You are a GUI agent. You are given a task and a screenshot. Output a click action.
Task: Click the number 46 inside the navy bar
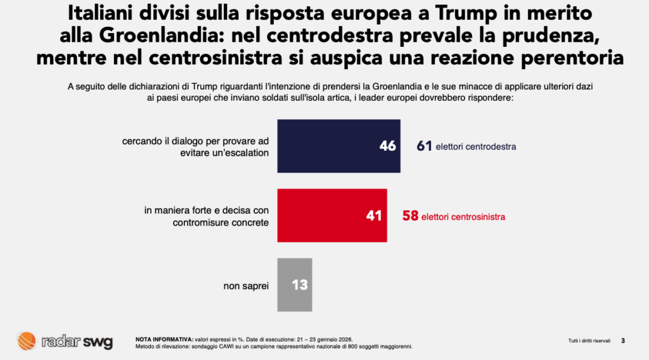point(387,146)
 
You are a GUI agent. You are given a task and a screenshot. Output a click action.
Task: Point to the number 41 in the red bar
point(374,216)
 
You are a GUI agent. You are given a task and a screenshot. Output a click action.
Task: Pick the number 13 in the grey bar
point(300,285)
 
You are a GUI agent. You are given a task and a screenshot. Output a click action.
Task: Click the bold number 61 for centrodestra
point(424,146)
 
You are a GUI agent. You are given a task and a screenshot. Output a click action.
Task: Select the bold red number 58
point(411,216)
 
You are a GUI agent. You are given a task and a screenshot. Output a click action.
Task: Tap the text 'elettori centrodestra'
point(476,147)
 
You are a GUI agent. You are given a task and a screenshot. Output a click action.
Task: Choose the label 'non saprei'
point(246,286)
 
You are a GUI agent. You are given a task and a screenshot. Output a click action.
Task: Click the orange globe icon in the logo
point(27,341)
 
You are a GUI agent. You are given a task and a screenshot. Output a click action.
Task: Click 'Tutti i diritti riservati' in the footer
point(589,341)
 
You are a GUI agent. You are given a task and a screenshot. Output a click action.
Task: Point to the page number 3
point(623,341)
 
